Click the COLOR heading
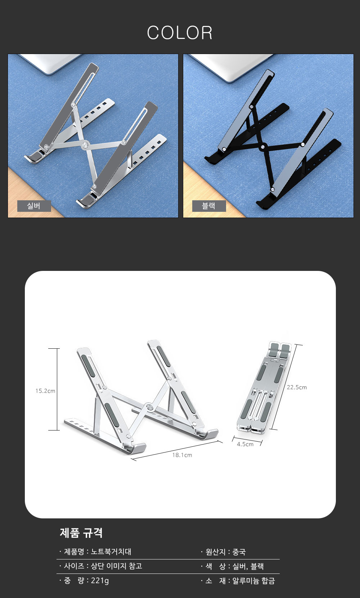point(180,33)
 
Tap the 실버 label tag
point(34,206)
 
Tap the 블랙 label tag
point(209,206)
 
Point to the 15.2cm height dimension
point(45,391)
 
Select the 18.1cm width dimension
point(182,455)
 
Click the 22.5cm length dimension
point(297,387)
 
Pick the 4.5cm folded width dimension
point(245,444)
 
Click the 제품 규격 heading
point(81,532)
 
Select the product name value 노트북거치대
point(111,552)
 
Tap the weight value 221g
point(100,581)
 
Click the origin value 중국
point(239,552)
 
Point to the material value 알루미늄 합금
point(253,581)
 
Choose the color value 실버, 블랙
point(248,566)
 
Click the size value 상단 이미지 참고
point(117,566)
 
